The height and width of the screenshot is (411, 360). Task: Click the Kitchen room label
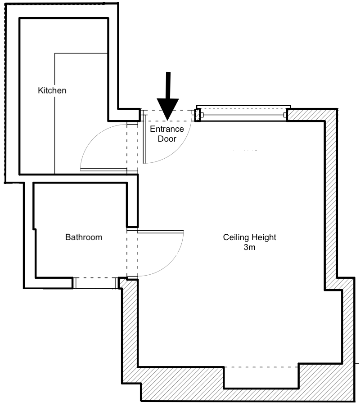pyautogui.click(x=52, y=90)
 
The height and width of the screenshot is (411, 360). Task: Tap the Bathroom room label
pyautogui.click(x=84, y=237)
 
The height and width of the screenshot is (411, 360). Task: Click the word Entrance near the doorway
pyautogui.click(x=167, y=129)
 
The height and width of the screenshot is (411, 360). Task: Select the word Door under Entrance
pyautogui.click(x=167, y=139)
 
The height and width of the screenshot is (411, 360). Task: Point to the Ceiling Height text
pyautogui.click(x=249, y=237)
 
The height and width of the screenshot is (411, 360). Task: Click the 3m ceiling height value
pyautogui.click(x=249, y=247)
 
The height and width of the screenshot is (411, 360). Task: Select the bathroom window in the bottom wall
pyautogui.click(x=95, y=283)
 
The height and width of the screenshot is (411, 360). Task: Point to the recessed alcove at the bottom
pyautogui.click(x=261, y=378)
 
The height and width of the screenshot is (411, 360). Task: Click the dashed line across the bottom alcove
pyautogui.click(x=261, y=367)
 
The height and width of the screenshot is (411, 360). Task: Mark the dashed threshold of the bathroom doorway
pyautogui.click(x=132, y=252)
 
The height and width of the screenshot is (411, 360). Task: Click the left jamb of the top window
pyautogui.click(x=197, y=115)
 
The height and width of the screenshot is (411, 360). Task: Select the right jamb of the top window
pyautogui.click(x=286, y=115)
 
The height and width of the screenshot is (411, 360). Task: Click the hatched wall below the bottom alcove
pyautogui.click(x=261, y=395)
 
